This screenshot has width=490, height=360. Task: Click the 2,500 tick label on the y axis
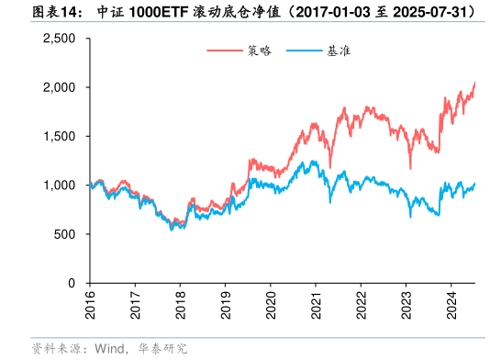pyautogui.click(x=60, y=39)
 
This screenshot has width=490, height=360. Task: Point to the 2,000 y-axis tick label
pyautogui.click(x=60, y=87)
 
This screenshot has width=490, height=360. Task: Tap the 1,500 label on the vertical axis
pyautogui.click(x=60, y=136)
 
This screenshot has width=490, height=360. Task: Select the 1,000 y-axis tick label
pyautogui.click(x=60, y=186)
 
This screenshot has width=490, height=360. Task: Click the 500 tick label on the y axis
pyautogui.click(x=66, y=234)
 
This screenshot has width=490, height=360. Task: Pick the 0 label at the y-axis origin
pyautogui.click(x=72, y=284)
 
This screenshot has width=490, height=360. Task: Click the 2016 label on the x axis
pyautogui.click(x=90, y=304)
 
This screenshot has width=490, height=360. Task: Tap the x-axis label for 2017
pyautogui.click(x=135, y=304)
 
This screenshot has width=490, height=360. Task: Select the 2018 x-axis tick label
pyautogui.click(x=181, y=304)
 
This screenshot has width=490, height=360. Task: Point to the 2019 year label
pyautogui.click(x=226, y=304)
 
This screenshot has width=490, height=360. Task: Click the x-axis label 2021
pyautogui.click(x=317, y=304)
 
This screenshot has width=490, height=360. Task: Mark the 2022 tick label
pyautogui.click(x=362, y=304)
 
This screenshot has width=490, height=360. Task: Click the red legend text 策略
pyautogui.click(x=260, y=51)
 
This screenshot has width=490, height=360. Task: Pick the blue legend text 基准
pyautogui.click(x=338, y=51)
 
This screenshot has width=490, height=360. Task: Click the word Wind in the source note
pyautogui.click(x=109, y=348)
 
